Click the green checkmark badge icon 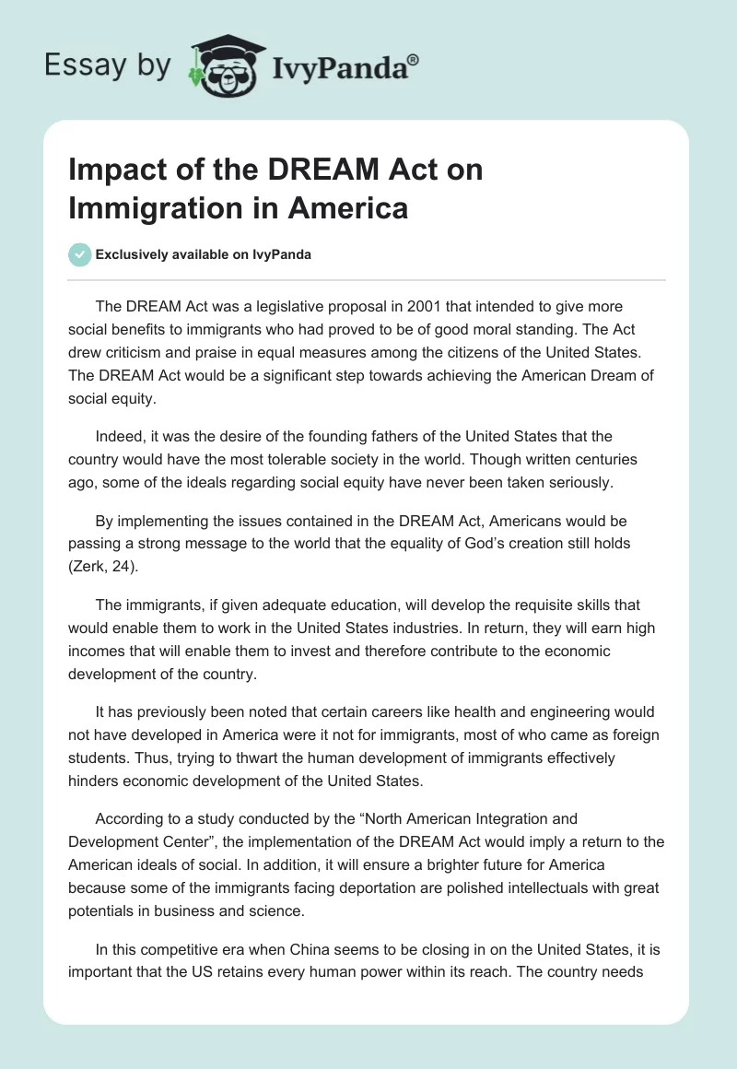(80, 254)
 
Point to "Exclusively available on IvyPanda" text (204, 254)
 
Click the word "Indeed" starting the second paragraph (117, 436)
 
